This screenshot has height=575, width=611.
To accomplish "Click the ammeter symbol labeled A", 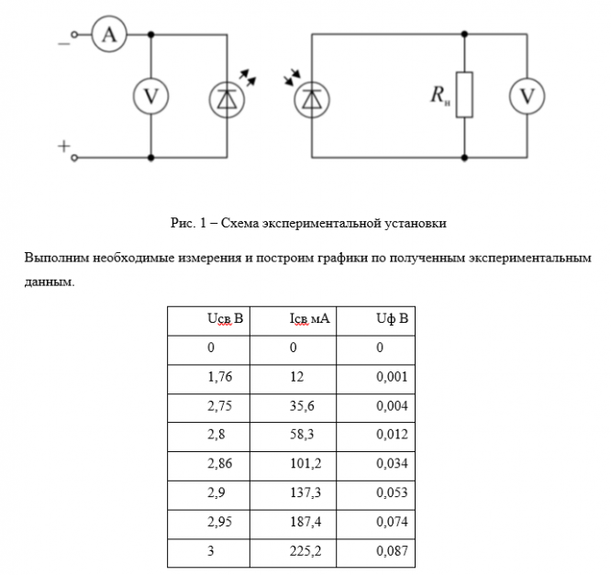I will click(x=110, y=35).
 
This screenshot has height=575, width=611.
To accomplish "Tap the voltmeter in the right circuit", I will click(x=527, y=96).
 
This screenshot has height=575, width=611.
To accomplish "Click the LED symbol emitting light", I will click(x=226, y=96).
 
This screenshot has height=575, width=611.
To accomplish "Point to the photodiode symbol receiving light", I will click(x=314, y=96).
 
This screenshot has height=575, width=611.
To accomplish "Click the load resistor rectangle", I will click(x=465, y=95).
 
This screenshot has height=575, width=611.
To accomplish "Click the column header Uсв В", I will click(x=225, y=320).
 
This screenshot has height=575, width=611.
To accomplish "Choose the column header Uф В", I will click(x=391, y=320).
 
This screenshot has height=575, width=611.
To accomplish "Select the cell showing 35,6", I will click(x=303, y=406).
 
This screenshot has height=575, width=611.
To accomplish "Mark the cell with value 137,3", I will click(x=305, y=493).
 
